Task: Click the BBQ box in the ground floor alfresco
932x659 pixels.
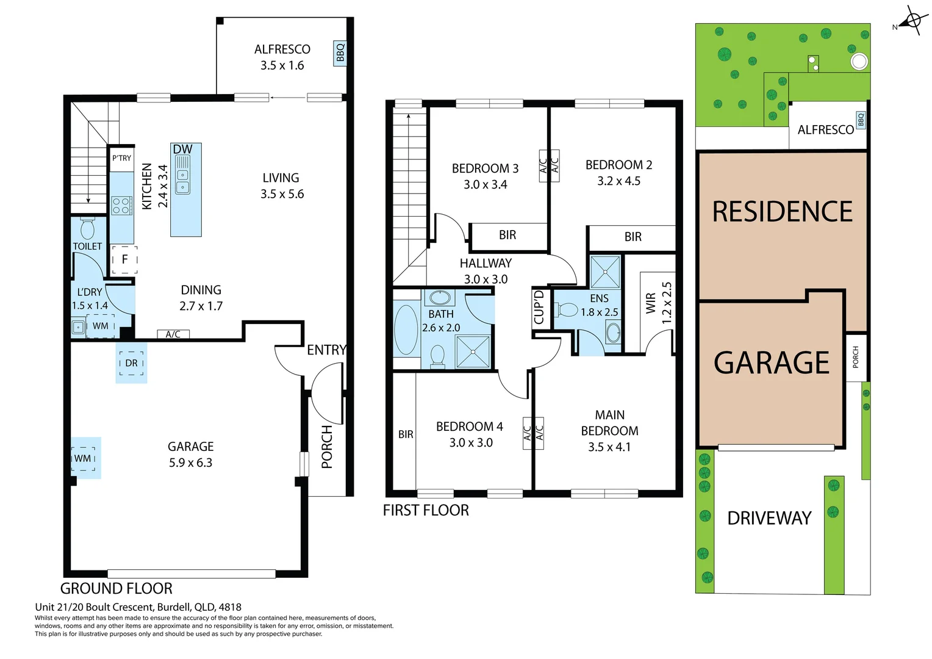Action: click(x=340, y=53)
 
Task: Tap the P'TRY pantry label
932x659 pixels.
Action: click(x=121, y=158)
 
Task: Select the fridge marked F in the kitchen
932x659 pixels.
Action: click(x=124, y=259)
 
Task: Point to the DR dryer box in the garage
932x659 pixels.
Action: click(x=131, y=363)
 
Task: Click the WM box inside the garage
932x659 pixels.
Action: click(x=84, y=458)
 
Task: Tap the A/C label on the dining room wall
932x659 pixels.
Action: click(x=173, y=334)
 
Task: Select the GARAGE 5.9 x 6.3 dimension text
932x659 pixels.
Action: click(x=190, y=455)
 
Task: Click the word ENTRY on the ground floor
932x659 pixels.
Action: click(x=326, y=350)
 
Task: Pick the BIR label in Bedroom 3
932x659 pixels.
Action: click(x=507, y=236)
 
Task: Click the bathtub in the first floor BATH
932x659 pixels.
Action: click(x=406, y=329)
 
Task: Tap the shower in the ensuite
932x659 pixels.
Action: click(x=605, y=272)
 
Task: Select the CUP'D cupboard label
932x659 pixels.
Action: click(x=539, y=307)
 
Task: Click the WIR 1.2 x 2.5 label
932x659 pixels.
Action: click(x=658, y=303)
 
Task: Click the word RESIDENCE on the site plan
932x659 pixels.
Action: click(x=783, y=212)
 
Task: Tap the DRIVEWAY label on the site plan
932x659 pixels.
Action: click(x=769, y=519)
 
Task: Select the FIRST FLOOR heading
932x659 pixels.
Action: click(x=426, y=511)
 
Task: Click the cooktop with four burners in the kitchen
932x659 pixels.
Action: click(x=121, y=205)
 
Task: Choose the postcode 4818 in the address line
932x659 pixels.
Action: click(x=229, y=607)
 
